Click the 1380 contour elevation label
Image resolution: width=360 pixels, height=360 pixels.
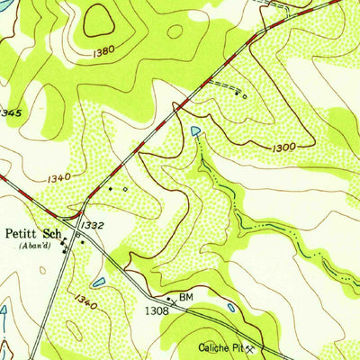click(x=104, y=52)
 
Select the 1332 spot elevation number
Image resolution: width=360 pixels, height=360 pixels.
click(x=91, y=224)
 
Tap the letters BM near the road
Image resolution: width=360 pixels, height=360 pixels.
click(x=186, y=296)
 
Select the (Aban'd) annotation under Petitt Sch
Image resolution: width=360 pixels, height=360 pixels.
click(x=36, y=243)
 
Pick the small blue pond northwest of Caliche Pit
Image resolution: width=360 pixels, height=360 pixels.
click(x=231, y=308)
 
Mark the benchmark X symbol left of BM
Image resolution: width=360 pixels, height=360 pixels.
click(x=168, y=297)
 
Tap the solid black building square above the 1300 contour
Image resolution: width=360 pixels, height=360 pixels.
click(x=238, y=92)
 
